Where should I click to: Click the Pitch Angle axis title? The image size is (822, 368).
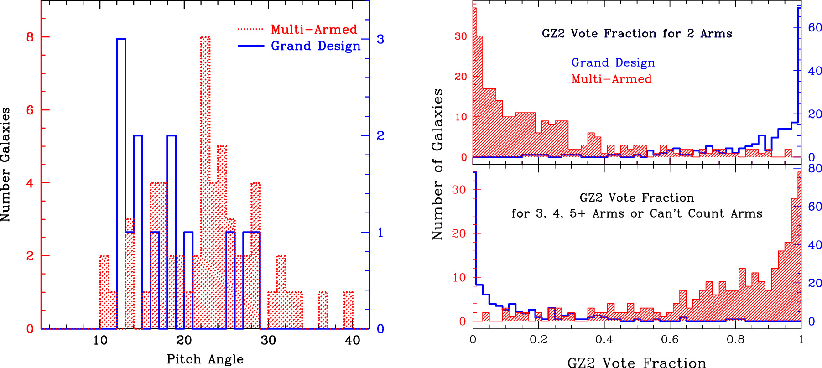tap(205, 359)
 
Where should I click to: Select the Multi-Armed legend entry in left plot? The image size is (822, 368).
tap(314, 30)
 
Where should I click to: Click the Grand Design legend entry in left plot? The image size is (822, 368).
tap(316, 46)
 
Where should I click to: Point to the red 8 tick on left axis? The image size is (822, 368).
tap(30, 37)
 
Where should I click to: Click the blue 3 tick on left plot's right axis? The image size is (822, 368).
tap(380, 39)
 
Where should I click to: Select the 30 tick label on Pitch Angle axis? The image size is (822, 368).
tap(268, 341)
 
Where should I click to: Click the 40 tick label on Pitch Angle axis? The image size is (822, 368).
tap(352, 341)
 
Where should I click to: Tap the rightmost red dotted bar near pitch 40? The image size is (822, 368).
tap(349, 310)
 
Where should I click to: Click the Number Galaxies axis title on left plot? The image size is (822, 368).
tap(5, 165)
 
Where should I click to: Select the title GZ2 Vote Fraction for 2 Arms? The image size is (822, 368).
tap(637, 34)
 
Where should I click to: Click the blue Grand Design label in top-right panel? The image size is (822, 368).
tap(613, 62)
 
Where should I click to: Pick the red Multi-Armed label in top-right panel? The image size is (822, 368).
tap(611, 79)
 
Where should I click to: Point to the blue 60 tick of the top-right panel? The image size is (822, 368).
tap(815, 27)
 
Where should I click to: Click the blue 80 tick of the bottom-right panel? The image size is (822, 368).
tap(815, 169)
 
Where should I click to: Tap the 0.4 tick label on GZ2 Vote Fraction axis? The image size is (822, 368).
tap(604, 340)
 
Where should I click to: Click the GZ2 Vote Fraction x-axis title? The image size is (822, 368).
tap(637, 363)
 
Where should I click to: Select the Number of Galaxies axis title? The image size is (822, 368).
tap(437, 165)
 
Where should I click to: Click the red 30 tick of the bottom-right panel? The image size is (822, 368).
tap(458, 190)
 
